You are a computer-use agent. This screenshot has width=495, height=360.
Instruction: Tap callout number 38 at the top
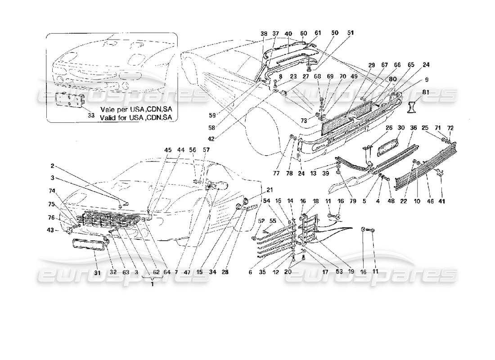point(264,33)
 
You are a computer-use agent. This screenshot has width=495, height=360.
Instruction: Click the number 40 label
point(288,33)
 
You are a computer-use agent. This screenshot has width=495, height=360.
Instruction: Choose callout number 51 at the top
point(351,33)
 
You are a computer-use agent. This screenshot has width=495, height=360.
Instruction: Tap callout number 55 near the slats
point(273,220)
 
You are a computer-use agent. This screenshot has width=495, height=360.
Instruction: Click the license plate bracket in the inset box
point(68,100)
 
